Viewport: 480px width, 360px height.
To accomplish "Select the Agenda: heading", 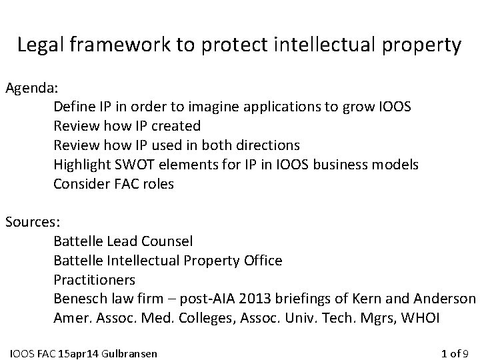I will [31, 87].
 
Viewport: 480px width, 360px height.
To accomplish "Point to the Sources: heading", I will [31, 221].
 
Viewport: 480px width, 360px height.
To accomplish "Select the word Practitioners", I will [94, 279].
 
